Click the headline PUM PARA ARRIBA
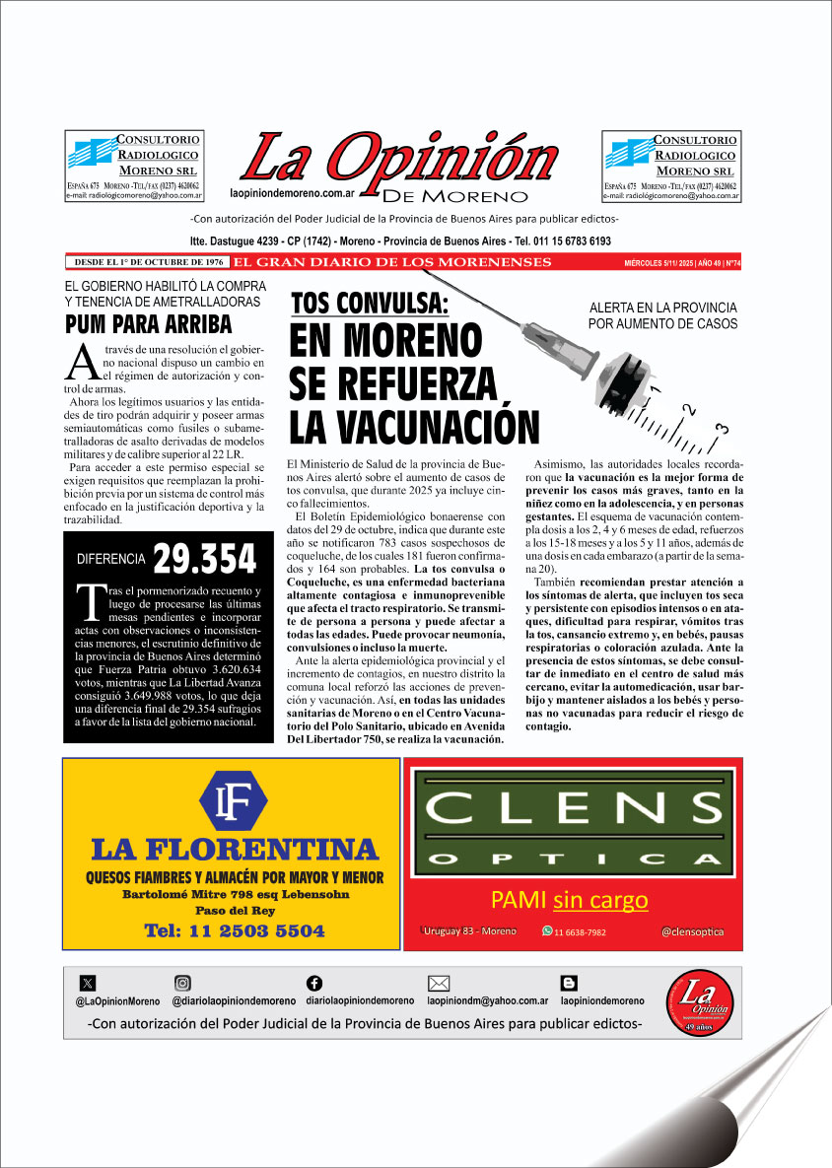[x=148, y=324]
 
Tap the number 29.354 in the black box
[x=204, y=560]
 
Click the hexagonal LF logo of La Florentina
[x=233, y=801]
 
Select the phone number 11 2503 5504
[x=234, y=930]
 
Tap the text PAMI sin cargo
[x=570, y=900]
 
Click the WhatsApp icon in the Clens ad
[x=547, y=931]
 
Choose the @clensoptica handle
[x=692, y=931]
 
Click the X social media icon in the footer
[x=88, y=983]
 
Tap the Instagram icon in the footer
[x=182, y=983]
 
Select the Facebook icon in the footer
[x=314, y=983]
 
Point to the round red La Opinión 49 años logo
[x=699, y=1003]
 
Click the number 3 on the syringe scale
[x=723, y=428]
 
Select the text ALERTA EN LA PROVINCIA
[x=661, y=308]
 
